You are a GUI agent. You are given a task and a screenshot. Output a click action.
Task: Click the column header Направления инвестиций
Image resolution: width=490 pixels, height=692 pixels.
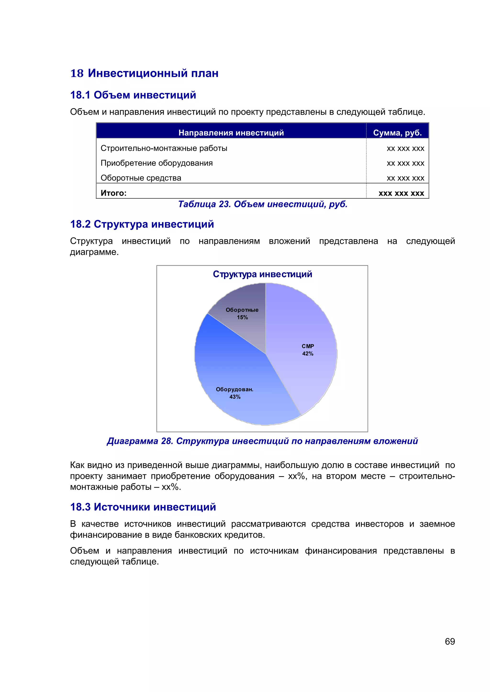231,133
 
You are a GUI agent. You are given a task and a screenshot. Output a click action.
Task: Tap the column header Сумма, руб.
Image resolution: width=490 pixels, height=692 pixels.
397,133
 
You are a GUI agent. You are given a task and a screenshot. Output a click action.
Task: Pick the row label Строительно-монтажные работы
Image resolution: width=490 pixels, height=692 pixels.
164,148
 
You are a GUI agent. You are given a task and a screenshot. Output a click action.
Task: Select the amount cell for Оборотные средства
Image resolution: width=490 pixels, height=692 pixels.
405,178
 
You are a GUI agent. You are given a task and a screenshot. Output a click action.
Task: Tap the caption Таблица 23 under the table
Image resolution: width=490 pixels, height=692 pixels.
262,204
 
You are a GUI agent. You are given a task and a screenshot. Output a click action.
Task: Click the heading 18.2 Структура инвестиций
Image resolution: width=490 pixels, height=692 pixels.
142,224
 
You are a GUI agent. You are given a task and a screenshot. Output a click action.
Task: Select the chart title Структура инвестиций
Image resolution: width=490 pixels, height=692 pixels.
262,274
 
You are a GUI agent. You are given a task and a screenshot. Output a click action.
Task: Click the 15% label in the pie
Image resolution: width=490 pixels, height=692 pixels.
242,317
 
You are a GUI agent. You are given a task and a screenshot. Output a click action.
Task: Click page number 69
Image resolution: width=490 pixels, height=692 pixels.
450,641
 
